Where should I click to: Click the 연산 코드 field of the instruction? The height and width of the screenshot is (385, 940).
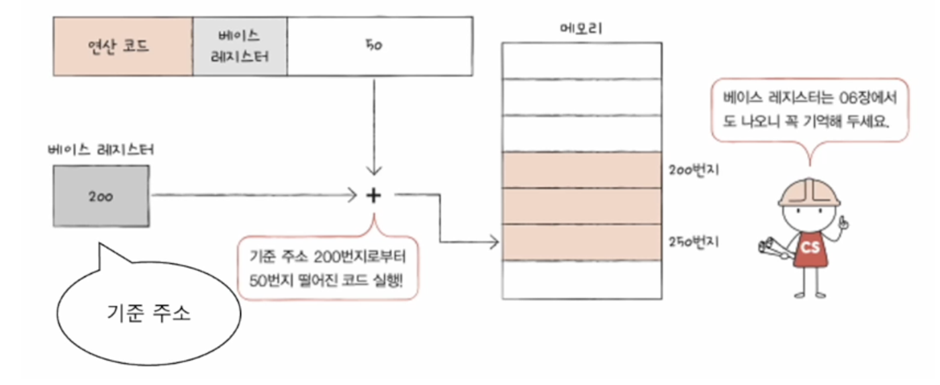tap(122, 46)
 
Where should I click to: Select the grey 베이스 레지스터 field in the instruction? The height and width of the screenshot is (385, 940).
tap(240, 46)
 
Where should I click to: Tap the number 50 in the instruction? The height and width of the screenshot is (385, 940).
tap(375, 46)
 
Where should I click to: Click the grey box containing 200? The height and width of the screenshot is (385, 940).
tap(101, 196)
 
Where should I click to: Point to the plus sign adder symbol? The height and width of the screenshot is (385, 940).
tap(374, 195)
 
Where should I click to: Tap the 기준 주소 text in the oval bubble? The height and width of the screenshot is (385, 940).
tap(149, 313)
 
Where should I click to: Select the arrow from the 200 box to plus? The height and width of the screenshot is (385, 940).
tap(255, 195)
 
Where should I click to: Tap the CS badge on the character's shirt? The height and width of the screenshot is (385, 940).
tap(810, 248)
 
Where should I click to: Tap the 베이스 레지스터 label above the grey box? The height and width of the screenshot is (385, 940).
tap(101, 149)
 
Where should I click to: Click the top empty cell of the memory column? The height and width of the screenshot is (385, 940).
tap(581, 61)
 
